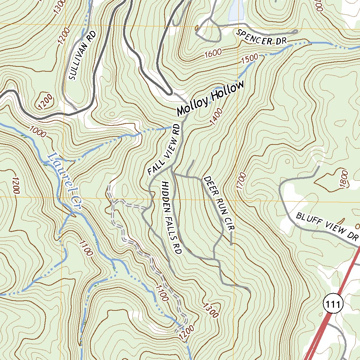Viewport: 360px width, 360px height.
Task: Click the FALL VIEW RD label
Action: click(x=164, y=149)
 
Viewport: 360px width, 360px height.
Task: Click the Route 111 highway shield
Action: click(x=333, y=304)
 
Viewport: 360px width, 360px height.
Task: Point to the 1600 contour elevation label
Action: click(x=213, y=54)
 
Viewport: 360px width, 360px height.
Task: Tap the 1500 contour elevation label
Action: click(x=250, y=59)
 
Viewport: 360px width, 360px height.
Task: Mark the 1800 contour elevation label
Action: click(x=344, y=179)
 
